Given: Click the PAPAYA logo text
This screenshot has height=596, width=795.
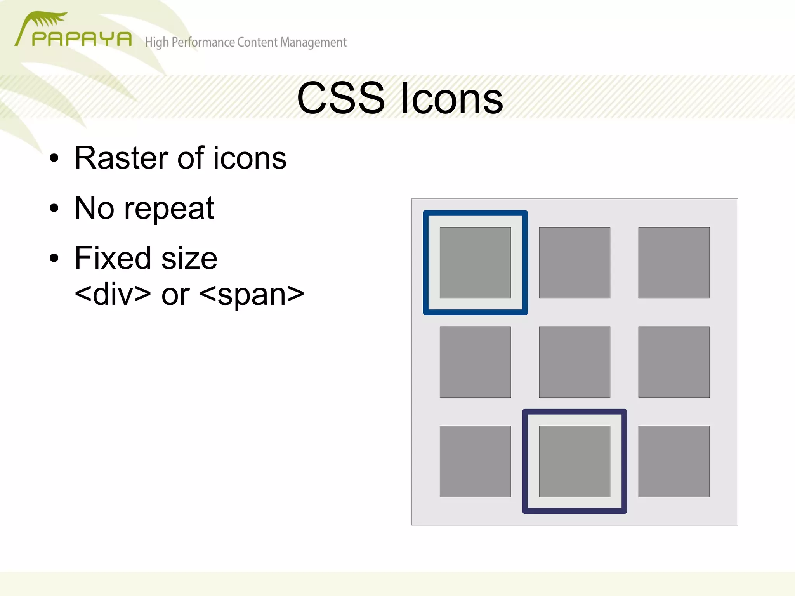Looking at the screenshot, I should point(82,39).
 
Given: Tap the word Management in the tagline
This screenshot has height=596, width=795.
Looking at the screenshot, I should point(313,42).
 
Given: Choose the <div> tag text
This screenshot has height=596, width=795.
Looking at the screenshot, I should point(113,294).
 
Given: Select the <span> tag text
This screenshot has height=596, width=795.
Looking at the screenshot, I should point(252,294).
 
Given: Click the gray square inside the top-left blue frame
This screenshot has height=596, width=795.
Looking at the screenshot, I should point(475,262).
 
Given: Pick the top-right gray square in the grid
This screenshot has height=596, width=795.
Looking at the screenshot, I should point(674,262).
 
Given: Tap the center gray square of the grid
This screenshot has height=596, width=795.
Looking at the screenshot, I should point(575,362).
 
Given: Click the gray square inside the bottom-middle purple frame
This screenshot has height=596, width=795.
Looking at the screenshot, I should point(575,461).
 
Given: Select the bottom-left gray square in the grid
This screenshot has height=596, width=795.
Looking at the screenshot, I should point(475,461).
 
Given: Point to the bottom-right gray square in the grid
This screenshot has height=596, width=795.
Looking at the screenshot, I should point(674,461).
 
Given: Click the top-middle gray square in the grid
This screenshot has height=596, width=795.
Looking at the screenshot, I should point(575,262).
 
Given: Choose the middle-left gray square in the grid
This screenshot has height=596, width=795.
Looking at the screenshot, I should point(475,362).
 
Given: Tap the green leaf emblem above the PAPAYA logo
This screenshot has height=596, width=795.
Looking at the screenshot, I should point(49,19).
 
